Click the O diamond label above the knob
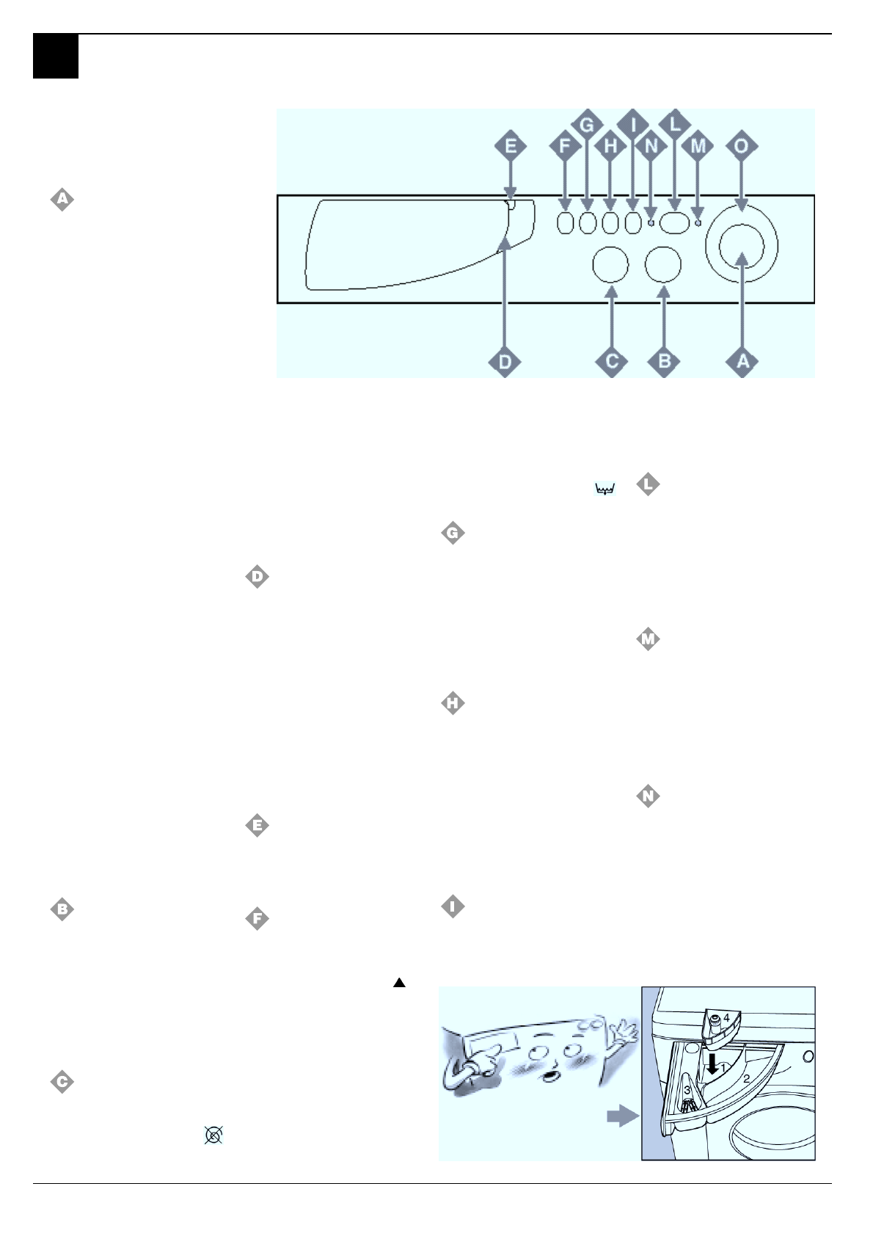pos(742,146)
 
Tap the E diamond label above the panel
pos(511,146)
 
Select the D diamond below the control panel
pos(505,361)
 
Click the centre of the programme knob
pos(742,247)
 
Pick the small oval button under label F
pos(564,222)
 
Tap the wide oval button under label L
pos(673,222)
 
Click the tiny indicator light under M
pos(698,222)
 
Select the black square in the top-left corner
pos(56,57)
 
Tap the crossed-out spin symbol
pos(213,1135)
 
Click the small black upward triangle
pos(399,983)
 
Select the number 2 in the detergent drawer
pos(746,1079)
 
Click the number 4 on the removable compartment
pos(726,1018)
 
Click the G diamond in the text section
pos(453,534)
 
